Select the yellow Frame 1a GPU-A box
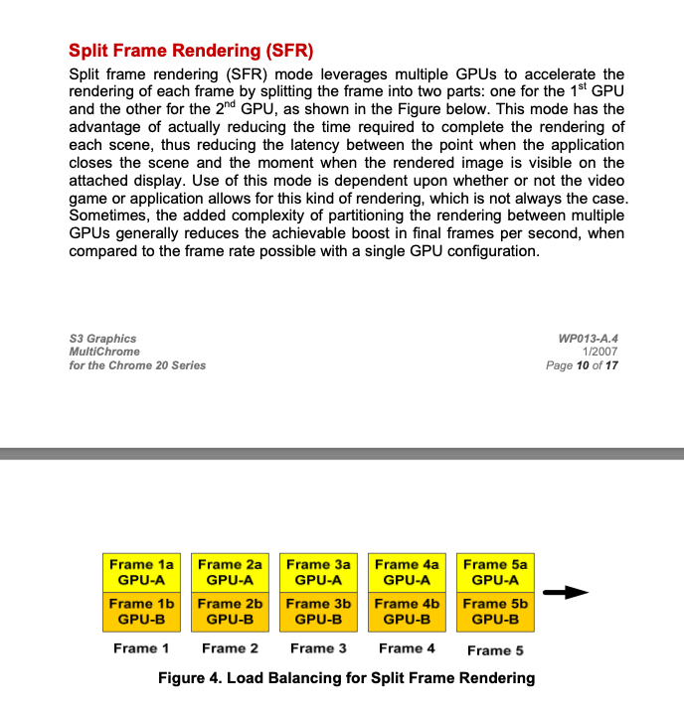[140, 572]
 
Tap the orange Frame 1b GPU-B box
[140, 611]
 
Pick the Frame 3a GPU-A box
[318, 572]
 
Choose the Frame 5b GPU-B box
[495, 611]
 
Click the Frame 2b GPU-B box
[230, 611]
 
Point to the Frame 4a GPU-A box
[407, 572]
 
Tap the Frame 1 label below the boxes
[141, 648]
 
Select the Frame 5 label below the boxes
[495, 650]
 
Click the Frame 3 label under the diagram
[318, 648]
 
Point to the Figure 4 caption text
[346, 678]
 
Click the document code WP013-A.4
[589, 339]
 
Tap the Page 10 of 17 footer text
[582, 365]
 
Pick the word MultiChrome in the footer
[104, 352]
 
